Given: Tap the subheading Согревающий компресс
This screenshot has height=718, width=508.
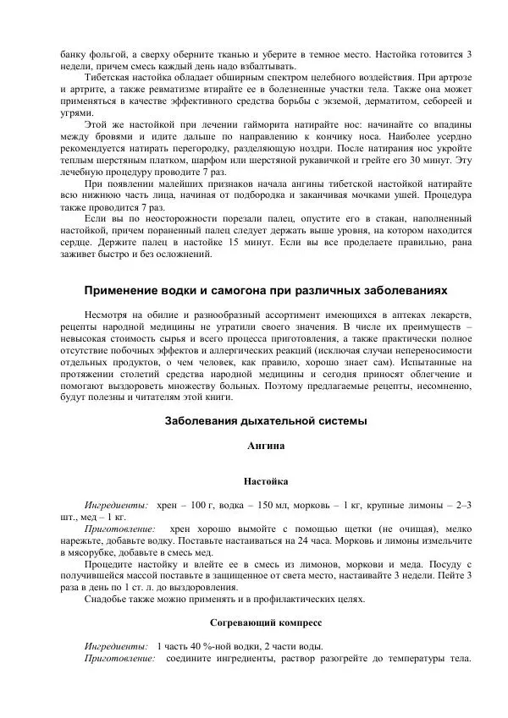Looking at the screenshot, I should (265, 622).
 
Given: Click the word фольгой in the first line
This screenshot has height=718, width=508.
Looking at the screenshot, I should (108, 53).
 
